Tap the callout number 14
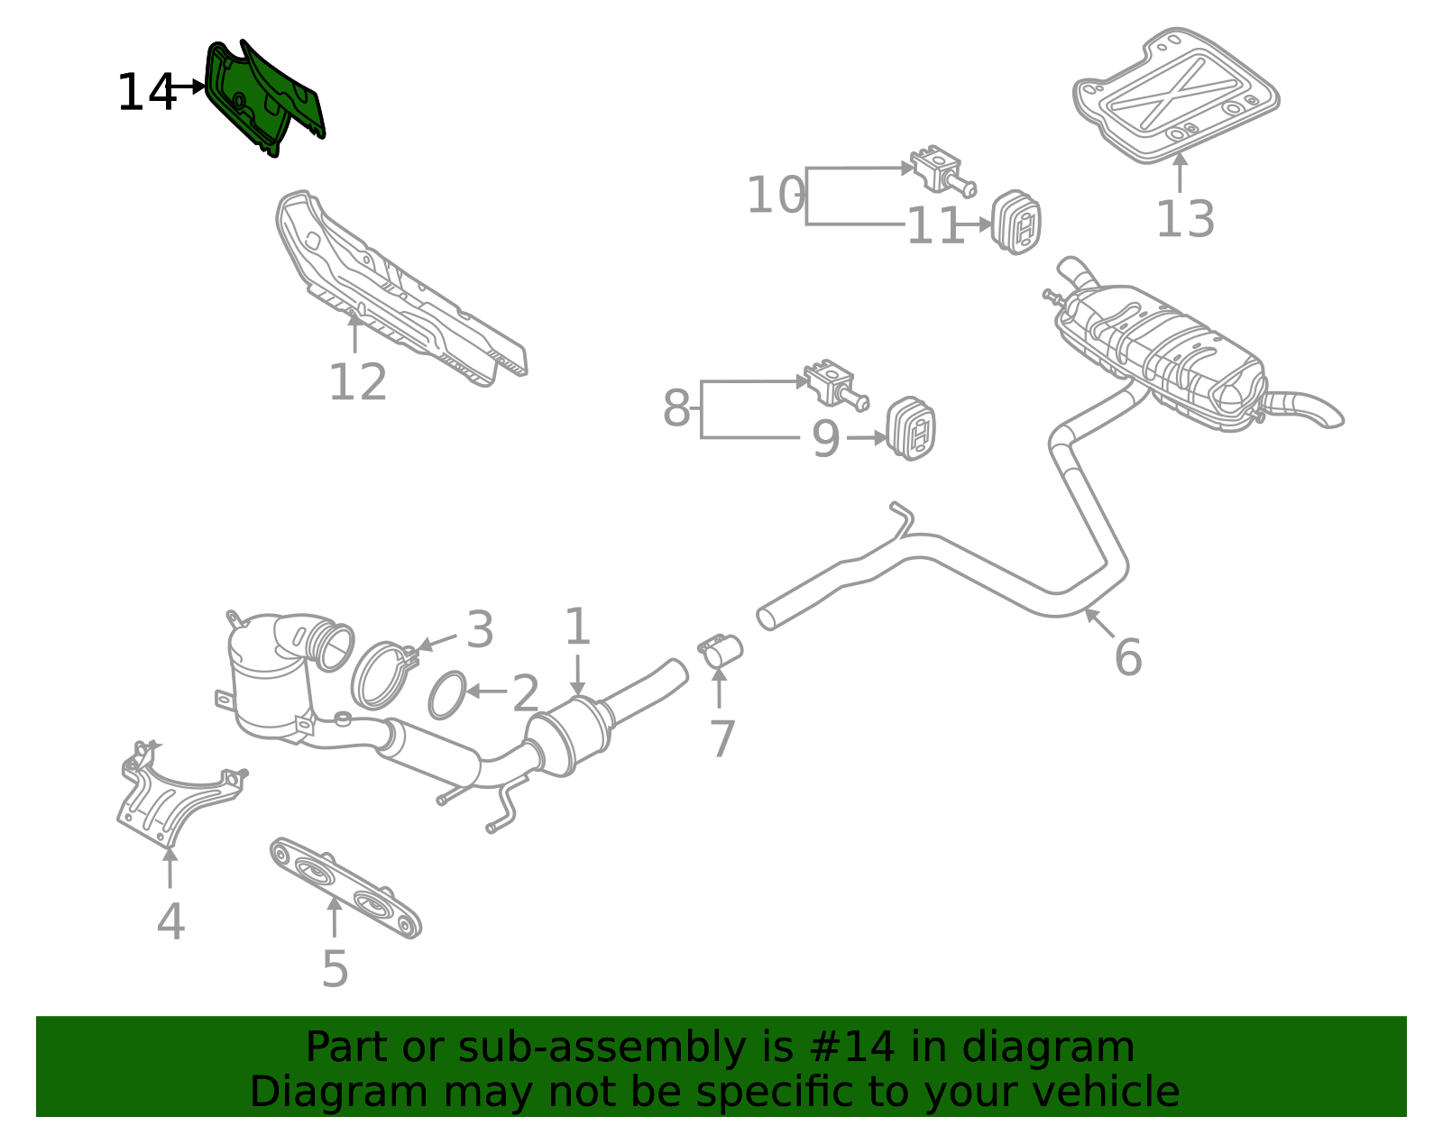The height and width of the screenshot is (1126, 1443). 145,93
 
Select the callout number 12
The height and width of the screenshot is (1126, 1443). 357,382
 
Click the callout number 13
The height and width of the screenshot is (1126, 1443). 1185,219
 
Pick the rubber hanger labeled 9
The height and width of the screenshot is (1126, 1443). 911,428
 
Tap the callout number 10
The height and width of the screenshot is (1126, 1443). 774,196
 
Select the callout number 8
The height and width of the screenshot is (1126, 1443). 676,408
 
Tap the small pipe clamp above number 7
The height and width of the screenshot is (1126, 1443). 721,649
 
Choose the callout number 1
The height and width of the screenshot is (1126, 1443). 577,627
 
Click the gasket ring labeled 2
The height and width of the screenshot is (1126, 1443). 447,695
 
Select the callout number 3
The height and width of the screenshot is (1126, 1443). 480,629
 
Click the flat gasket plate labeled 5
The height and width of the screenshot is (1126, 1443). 345,887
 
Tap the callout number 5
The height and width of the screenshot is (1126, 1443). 335,970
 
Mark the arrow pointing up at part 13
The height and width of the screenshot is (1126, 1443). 1180,171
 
